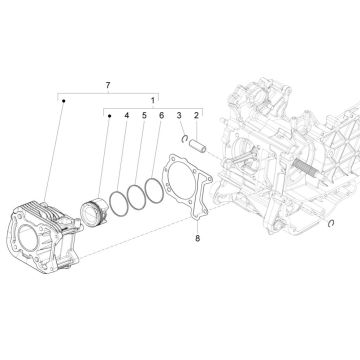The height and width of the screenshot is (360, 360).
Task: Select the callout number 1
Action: [x=153, y=100]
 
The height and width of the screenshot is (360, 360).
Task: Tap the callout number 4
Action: [x=126, y=117]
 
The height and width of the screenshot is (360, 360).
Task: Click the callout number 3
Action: [x=178, y=117]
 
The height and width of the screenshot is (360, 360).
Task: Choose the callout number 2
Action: [x=196, y=117]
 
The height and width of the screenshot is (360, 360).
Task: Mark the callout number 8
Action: [x=197, y=238]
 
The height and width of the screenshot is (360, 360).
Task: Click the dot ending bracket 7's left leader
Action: [x=60, y=98]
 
